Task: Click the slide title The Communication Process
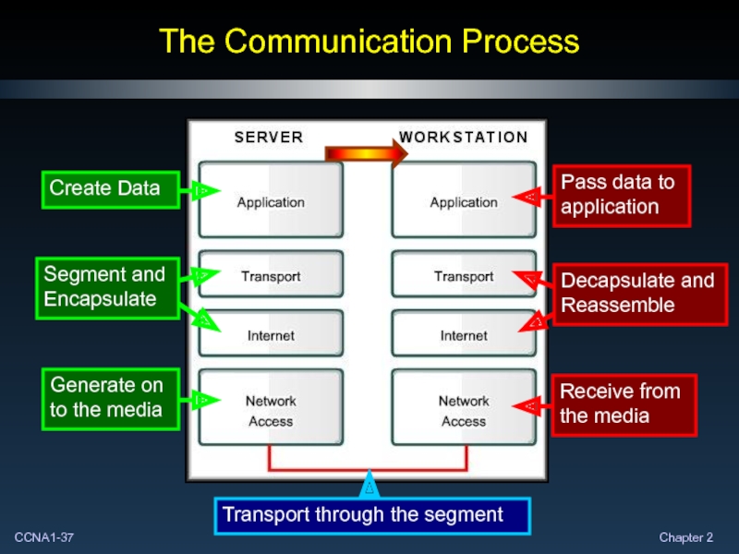tap(369, 42)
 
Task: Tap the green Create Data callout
tap(109, 188)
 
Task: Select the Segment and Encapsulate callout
tap(109, 287)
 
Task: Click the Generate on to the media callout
tap(109, 397)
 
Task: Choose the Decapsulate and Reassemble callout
tap(638, 293)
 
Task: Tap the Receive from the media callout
tap(624, 403)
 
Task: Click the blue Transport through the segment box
tap(372, 515)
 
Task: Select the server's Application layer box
tap(271, 200)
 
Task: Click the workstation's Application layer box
tap(464, 200)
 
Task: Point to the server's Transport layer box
tap(271, 275)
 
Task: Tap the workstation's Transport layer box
tap(464, 275)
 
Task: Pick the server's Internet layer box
tap(271, 334)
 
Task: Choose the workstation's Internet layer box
tap(464, 334)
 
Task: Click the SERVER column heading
tap(269, 138)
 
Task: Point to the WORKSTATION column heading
tap(464, 138)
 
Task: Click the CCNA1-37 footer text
tap(44, 537)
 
